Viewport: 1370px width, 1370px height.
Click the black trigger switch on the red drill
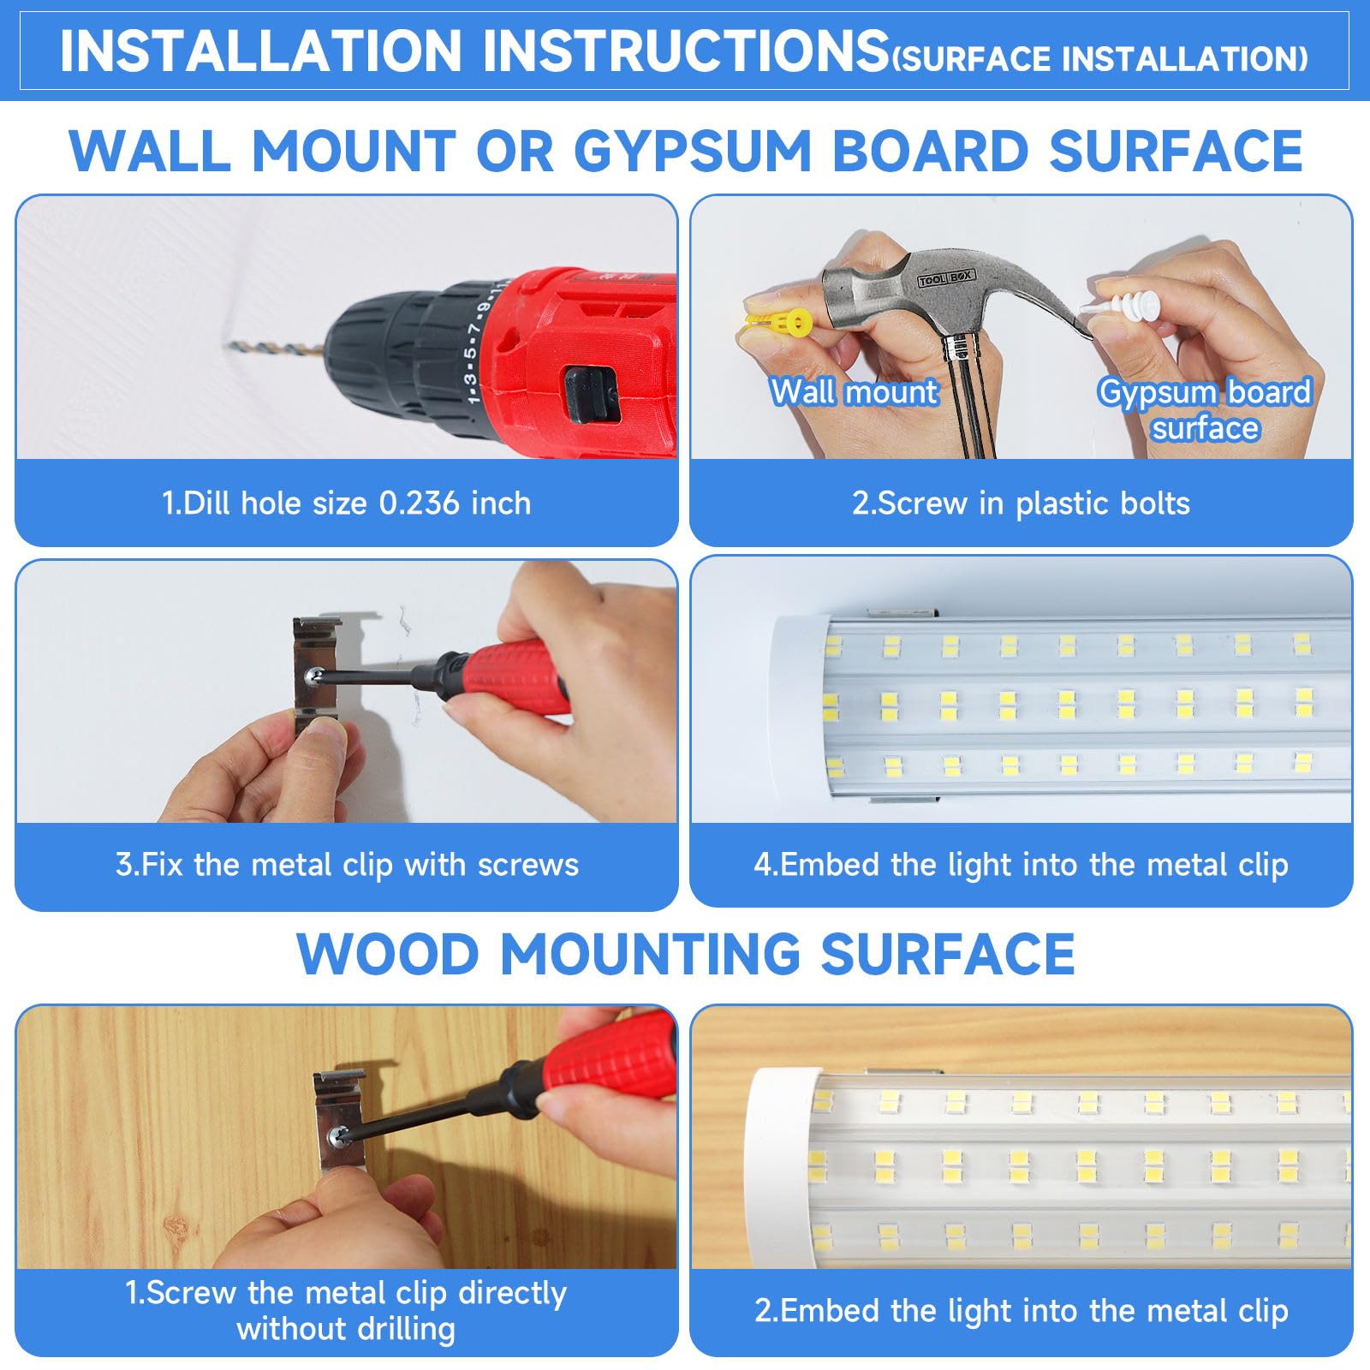pos(592,393)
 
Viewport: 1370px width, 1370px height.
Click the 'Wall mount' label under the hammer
pos(854,392)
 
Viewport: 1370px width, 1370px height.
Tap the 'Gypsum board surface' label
pos(1205,409)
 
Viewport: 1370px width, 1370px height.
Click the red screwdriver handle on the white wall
pos(514,676)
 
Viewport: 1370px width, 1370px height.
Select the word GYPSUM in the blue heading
pos(692,152)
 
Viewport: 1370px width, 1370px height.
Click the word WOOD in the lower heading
pos(387,954)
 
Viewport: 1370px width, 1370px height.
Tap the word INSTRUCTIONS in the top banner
pos(685,51)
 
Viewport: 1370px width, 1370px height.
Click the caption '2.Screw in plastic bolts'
pos(1021,503)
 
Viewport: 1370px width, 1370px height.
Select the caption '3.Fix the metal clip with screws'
pos(347,865)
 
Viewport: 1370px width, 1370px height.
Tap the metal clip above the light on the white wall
pos(901,613)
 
